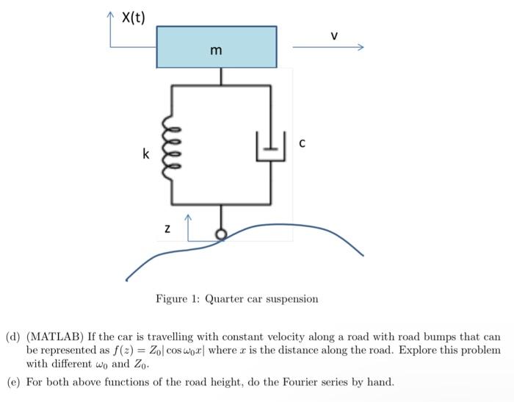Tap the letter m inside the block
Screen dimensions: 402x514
click(x=215, y=51)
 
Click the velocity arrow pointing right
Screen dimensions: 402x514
click(x=327, y=48)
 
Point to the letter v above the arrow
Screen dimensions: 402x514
click(x=334, y=35)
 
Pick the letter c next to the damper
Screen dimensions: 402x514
click(x=302, y=144)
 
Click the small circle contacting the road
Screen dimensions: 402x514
click(x=220, y=235)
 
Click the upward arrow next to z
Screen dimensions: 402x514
click(x=188, y=223)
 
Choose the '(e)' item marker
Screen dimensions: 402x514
click(x=14, y=382)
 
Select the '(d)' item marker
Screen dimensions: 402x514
click(x=14, y=337)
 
